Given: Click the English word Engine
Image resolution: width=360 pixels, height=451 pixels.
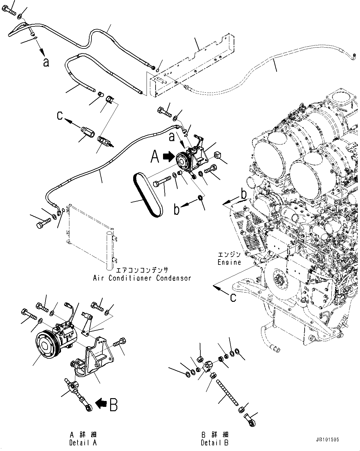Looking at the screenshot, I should pos(229,262).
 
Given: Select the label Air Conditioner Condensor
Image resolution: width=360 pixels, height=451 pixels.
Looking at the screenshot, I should pos(142,278).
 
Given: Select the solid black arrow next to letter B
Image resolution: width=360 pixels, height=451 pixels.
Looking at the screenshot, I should pos(100,404).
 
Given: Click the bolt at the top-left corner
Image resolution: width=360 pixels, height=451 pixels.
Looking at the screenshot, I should pos(10,11).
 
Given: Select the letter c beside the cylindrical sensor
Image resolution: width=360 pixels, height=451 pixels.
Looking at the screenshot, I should pos(60,116).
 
